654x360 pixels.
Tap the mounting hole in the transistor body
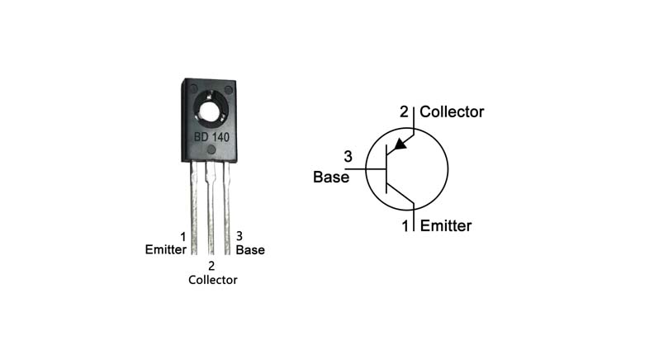[211, 109]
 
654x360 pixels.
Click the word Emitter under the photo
[166, 249]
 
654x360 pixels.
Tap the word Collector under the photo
[212, 280]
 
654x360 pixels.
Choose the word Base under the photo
[250, 249]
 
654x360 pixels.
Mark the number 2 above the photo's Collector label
[211, 266]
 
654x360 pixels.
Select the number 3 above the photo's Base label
[239, 236]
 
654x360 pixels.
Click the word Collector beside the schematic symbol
[452, 111]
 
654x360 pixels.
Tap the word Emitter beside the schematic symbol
[445, 225]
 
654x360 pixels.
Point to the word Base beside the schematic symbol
[331, 176]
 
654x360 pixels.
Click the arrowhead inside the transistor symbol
[400, 144]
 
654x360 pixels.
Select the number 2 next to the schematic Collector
[405, 111]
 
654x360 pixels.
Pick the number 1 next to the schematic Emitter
[405, 225]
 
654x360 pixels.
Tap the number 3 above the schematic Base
[348, 157]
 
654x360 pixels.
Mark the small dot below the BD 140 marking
[211, 150]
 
